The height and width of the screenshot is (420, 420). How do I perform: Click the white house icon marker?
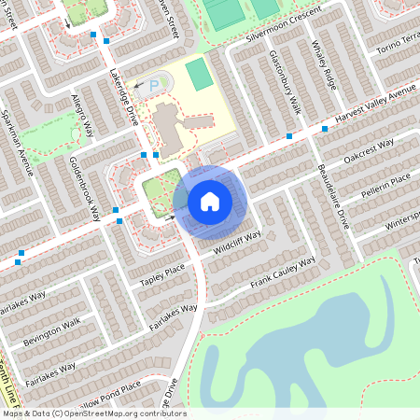(210, 201)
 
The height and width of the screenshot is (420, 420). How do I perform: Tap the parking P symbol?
(154, 85)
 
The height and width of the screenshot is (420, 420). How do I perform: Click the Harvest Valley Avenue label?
(375, 108)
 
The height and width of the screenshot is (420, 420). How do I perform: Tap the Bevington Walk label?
(53, 333)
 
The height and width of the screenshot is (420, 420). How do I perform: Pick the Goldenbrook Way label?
(84, 187)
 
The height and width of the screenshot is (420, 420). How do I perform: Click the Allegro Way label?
(82, 113)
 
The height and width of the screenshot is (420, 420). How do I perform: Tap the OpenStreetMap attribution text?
(93, 413)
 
